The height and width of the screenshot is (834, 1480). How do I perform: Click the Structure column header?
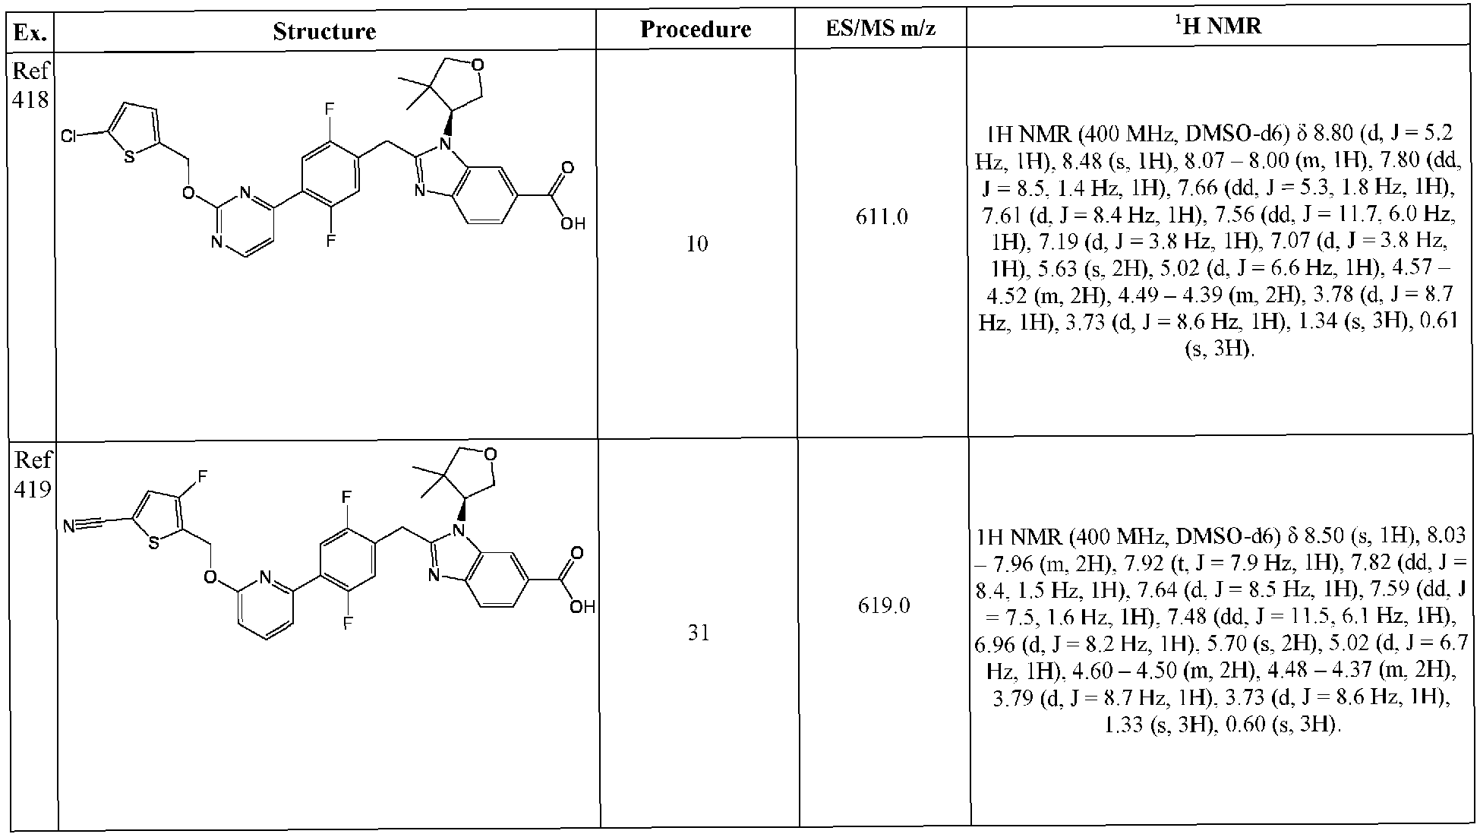[x=324, y=31]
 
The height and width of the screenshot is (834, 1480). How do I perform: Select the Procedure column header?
[x=696, y=30]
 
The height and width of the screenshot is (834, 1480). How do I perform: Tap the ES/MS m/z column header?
[x=881, y=30]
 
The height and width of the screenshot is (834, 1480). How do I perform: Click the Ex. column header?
[x=31, y=33]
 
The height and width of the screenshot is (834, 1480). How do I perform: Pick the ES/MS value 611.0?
[x=881, y=218]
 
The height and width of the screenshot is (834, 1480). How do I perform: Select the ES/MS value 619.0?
[x=884, y=607]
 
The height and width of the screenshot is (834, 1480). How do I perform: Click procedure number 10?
[x=696, y=244]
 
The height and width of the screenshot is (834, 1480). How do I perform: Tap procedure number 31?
[x=698, y=633]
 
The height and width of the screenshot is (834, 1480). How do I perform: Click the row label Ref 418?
[x=31, y=85]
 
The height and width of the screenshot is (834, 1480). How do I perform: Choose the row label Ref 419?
[x=33, y=474]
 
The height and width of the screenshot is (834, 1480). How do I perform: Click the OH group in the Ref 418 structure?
[x=574, y=223]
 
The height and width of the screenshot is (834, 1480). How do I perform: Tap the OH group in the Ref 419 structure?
[x=583, y=607]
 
